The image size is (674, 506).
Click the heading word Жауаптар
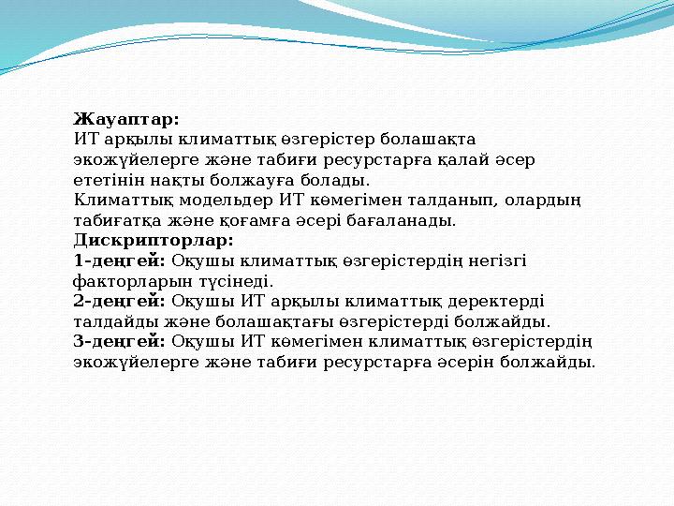click(x=126, y=119)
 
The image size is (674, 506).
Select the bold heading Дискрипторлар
click(x=154, y=240)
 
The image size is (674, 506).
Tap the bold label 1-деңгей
click(x=120, y=260)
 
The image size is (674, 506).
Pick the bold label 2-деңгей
click(x=120, y=301)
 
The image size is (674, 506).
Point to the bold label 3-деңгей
click(x=120, y=341)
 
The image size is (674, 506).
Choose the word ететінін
click(x=109, y=180)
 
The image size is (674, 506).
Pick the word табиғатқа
click(x=117, y=220)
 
